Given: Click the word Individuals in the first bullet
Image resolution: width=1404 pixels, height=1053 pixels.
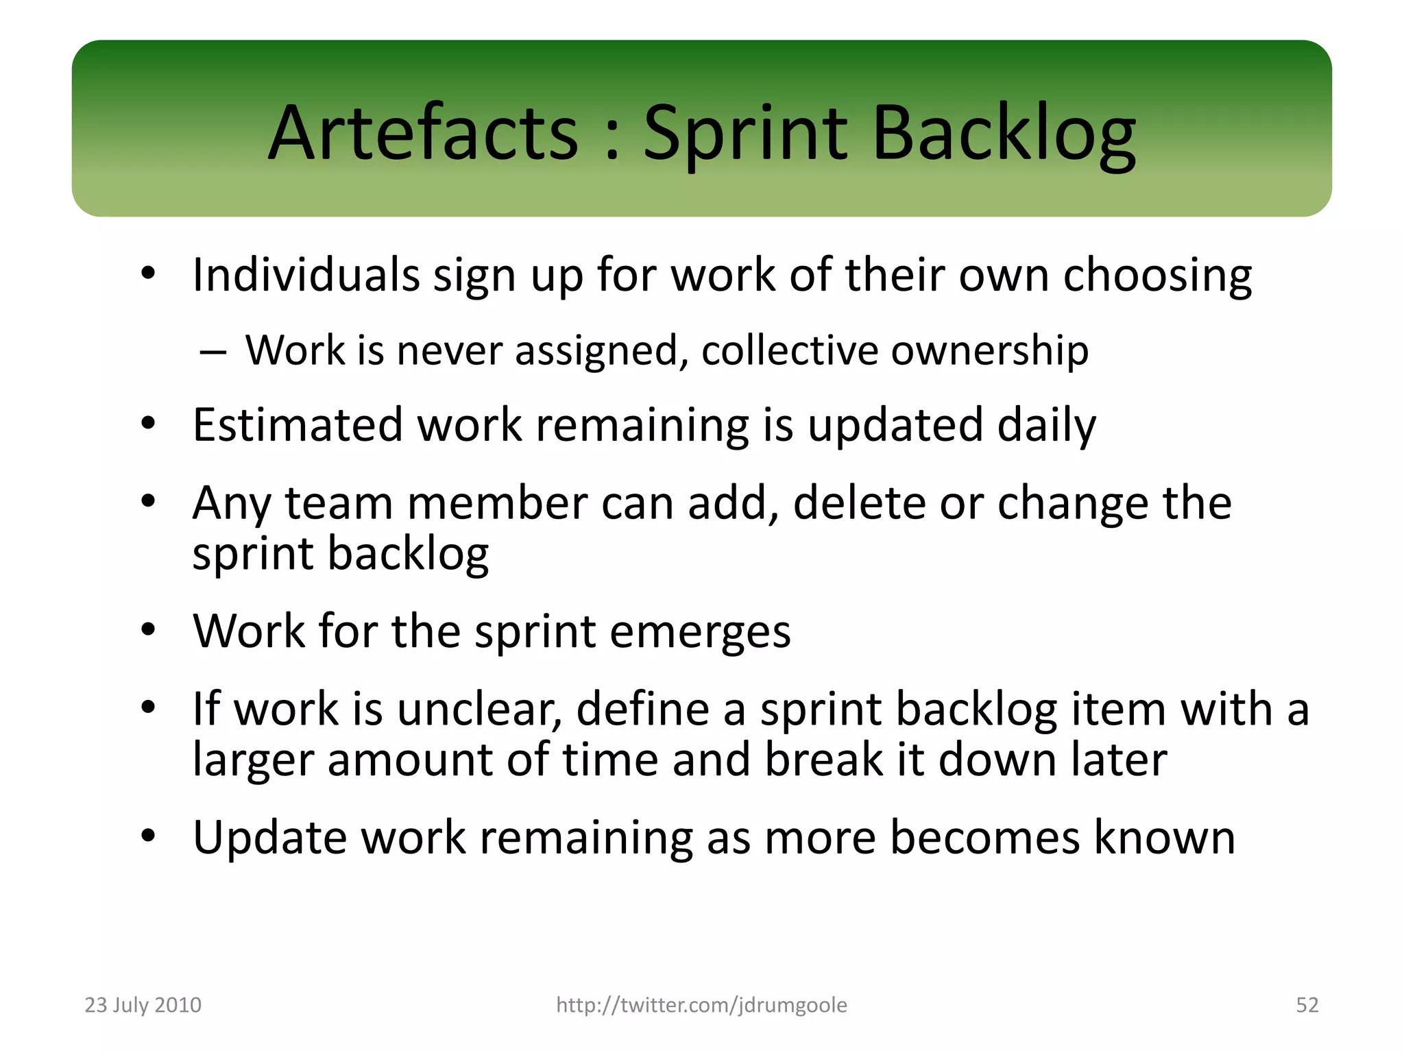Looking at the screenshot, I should (306, 275).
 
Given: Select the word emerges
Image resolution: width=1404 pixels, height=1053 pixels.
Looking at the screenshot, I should (700, 632).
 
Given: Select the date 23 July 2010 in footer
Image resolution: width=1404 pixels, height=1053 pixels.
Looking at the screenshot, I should (143, 1005).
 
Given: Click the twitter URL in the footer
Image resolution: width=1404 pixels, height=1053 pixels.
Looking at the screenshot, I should (701, 1005).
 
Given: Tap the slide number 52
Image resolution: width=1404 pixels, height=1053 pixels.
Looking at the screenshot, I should (1307, 1005).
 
